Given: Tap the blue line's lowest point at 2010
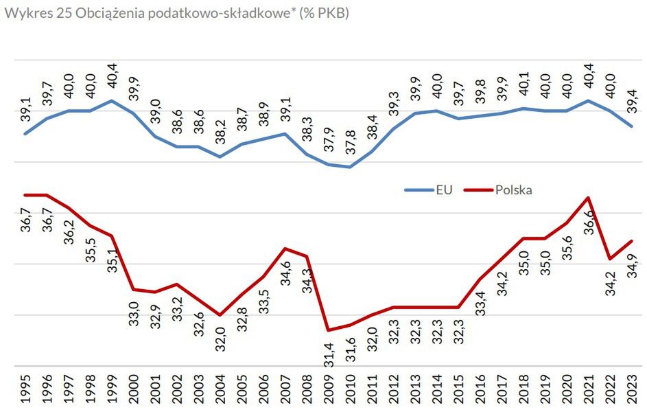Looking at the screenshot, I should [x=350, y=167].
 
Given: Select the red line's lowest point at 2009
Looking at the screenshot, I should [x=328, y=330].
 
